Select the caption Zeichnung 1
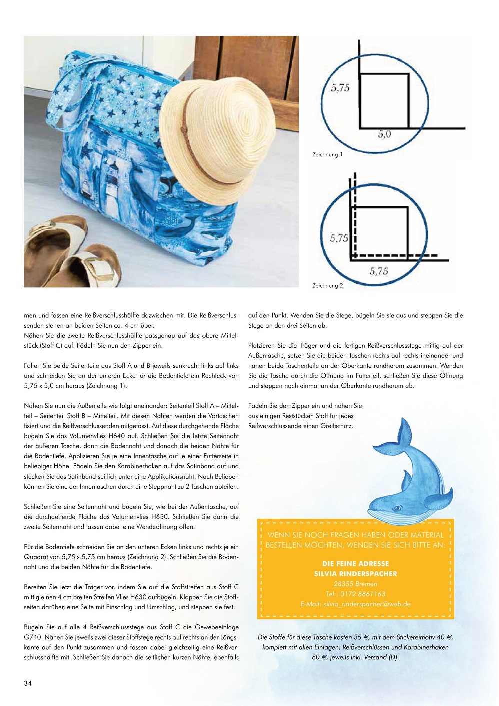(327, 155)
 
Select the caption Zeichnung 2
(327, 286)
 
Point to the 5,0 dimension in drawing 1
(384, 134)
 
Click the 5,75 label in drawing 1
(340, 88)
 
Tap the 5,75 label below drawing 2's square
(379, 271)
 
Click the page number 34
(28, 683)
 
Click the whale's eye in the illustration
(398, 508)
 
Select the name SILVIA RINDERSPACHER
(355, 574)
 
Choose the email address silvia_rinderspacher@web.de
(367, 604)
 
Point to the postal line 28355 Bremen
(355, 584)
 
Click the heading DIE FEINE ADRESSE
(355, 564)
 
